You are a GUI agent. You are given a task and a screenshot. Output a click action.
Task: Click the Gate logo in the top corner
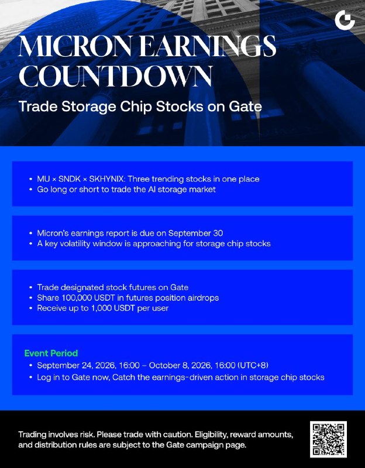(x=345, y=20)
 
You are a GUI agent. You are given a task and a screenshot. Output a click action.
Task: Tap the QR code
(x=328, y=439)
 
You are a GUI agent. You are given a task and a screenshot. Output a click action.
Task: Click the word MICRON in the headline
(x=75, y=46)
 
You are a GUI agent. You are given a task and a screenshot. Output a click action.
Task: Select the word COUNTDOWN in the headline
(x=116, y=76)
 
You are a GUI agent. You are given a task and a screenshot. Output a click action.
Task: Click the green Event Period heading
(x=51, y=353)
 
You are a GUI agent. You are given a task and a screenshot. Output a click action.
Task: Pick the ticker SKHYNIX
(x=108, y=179)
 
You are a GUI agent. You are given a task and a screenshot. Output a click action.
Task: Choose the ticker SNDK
(x=70, y=179)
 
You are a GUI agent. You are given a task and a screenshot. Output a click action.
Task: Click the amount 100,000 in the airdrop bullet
(x=77, y=298)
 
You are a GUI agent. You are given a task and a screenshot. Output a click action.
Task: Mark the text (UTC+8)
(x=253, y=365)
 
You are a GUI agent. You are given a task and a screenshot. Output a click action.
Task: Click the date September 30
(x=195, y=233)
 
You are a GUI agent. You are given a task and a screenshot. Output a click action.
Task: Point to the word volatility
(x=75, y=243)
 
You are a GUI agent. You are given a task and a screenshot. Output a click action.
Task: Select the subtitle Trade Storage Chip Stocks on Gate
(x=140, y=106)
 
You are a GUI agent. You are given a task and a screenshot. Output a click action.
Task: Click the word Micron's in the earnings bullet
(x=53, y=233)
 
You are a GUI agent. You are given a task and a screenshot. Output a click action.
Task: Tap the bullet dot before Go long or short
(x=31, y=190)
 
